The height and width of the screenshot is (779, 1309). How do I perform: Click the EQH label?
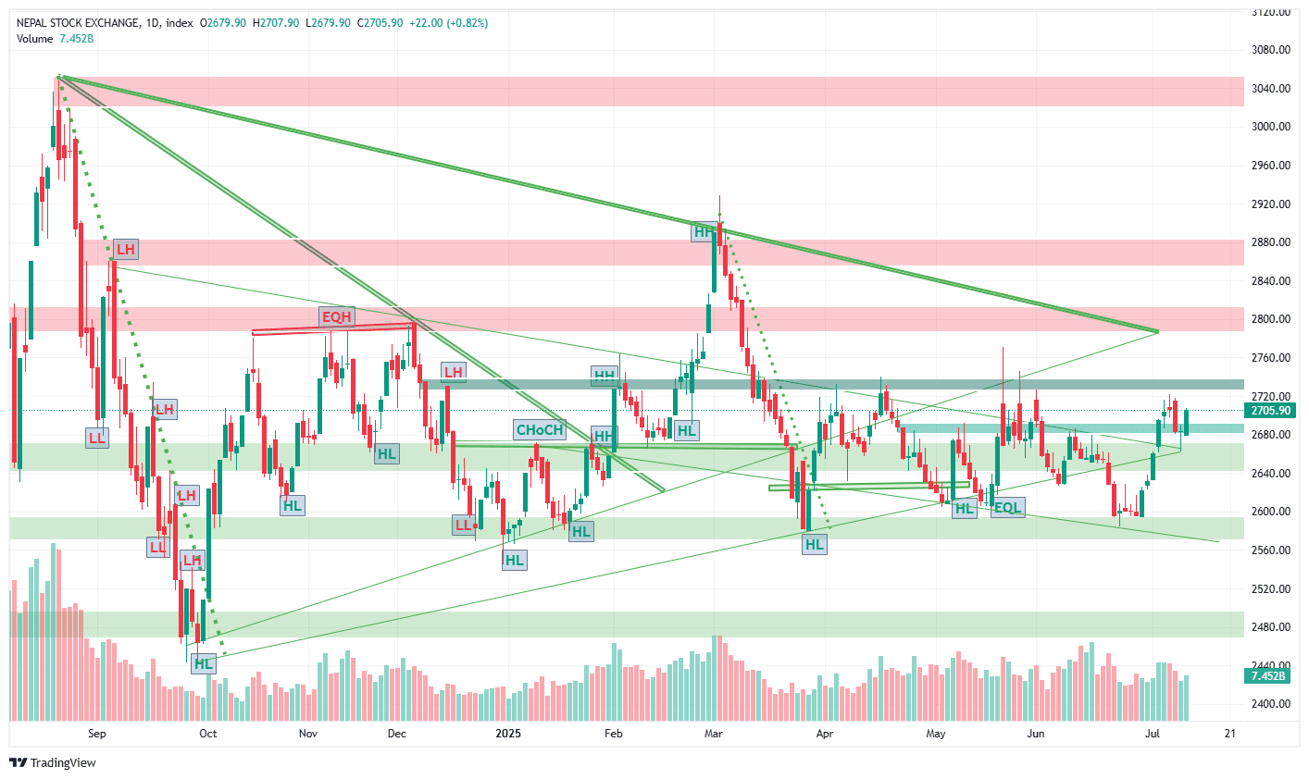tap(337, 317)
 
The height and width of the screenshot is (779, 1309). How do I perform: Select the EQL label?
tap(1007, 508)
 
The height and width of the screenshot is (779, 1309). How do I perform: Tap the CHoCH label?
tap(540, 430)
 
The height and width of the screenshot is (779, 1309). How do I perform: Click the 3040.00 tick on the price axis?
tap(1271, 89)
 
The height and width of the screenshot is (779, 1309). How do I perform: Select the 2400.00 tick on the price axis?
tap(1271, 704)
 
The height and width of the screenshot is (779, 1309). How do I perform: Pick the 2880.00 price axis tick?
tap(1271, 242)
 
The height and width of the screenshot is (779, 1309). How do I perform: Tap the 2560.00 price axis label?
tap(1271, 550)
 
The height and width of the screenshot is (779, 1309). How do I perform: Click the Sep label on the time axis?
tap(97, 734)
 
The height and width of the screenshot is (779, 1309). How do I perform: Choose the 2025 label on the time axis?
tap(508, 734)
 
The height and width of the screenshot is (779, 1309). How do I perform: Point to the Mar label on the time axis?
tap(713, 734)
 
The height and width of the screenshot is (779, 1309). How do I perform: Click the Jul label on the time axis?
tap(1153, 734)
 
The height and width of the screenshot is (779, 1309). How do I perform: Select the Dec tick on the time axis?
tap(396, 734)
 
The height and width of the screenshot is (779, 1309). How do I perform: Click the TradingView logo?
tap(53, 763)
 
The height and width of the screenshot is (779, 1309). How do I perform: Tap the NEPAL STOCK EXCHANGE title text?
tap(79, 23)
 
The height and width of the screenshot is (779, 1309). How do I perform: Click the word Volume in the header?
tap(35, 39)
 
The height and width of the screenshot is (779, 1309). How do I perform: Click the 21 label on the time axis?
tap(1230, 734)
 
